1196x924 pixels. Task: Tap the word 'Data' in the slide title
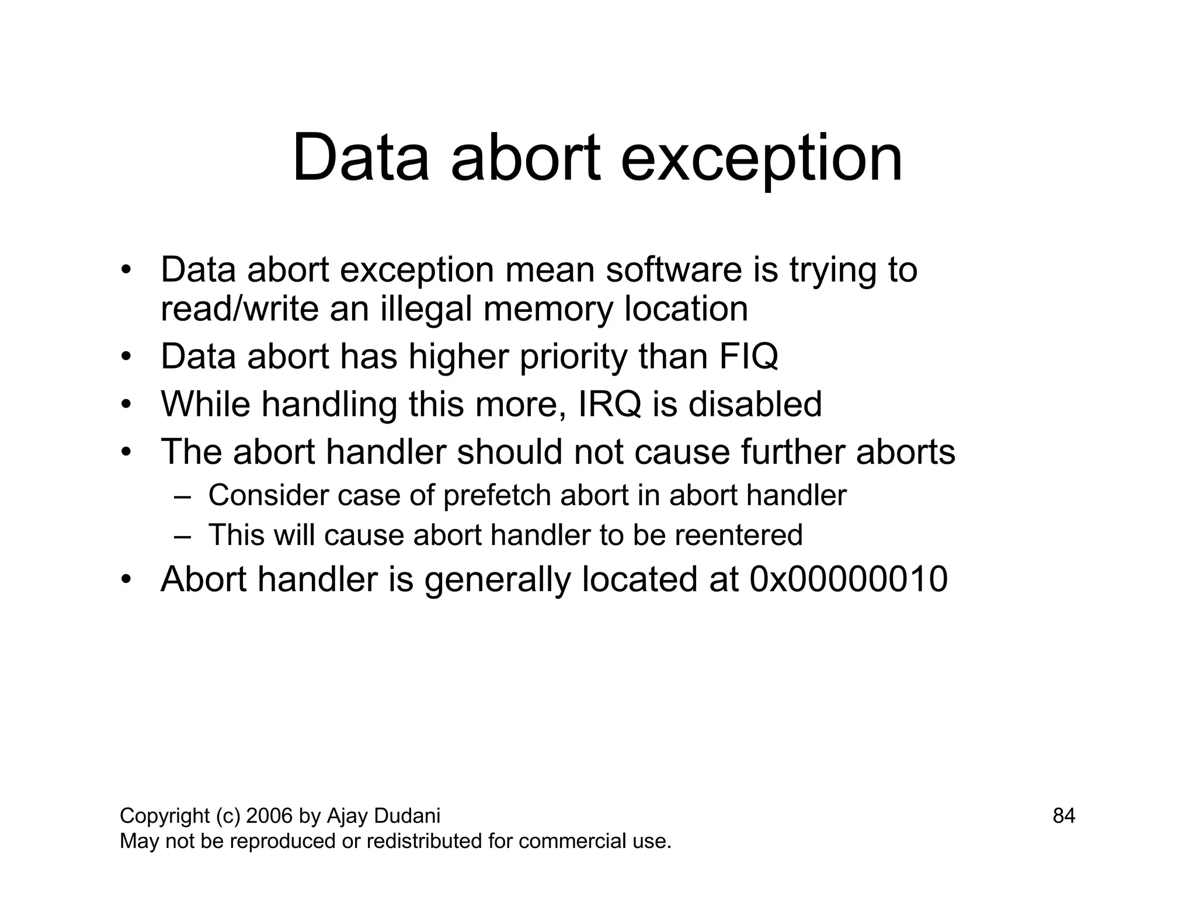point(360,159)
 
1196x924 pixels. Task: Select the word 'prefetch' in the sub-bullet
point(497,496)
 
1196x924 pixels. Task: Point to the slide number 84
point(1063,815)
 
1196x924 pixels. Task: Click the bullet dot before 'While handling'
point(126,405)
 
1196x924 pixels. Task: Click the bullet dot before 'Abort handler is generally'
point(126,580)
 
